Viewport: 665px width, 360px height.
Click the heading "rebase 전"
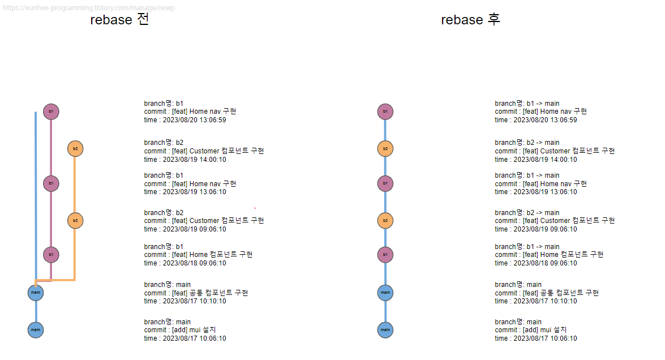coord(119,20)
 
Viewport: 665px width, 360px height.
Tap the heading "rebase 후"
coord(470,20)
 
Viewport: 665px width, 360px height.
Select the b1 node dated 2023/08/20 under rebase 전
coord(51,112)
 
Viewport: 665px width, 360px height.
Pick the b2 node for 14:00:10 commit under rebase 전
coord(75,149)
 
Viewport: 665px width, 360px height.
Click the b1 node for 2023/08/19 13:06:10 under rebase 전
coord(51,183)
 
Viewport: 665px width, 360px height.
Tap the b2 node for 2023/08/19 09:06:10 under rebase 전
coord(75,220)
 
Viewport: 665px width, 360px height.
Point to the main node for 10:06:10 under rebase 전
coord(36,329)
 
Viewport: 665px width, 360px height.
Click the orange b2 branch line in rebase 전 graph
coord(75,249)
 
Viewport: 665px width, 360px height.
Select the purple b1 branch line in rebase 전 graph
coord(51,147)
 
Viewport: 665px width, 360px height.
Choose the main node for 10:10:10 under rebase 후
coord(385,293)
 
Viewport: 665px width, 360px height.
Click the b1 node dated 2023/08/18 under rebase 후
coord(385,255)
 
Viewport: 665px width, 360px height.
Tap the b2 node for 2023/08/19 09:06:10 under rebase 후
coord(385,220)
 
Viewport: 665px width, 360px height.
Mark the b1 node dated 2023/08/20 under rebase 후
coord(385,112)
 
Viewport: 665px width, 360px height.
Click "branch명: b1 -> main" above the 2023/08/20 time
coord(527,104)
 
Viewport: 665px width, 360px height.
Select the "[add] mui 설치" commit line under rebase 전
coord(180,330)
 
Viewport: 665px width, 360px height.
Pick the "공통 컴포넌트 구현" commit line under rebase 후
coord(547,293)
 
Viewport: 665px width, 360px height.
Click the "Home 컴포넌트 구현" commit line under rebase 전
coord(198,255)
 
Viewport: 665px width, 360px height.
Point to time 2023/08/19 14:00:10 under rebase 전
coord(185,160)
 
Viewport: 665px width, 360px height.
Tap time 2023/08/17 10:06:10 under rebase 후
coord(536,338)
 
